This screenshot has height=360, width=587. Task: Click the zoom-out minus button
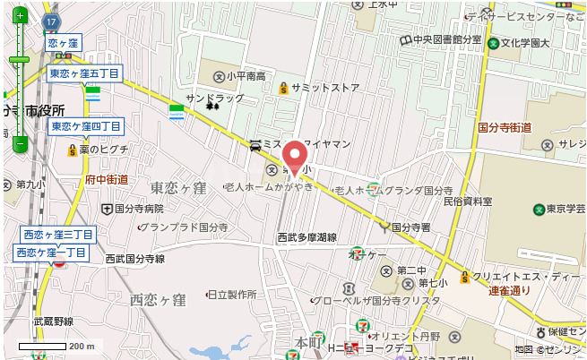point(19,142)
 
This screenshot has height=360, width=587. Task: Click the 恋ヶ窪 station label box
point(64,43)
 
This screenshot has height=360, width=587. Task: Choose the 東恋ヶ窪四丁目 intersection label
point(85,126)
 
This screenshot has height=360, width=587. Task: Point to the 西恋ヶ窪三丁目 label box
point(57,235)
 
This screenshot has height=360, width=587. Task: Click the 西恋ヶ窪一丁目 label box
point(51,253)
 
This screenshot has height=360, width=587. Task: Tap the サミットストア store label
point(319,88)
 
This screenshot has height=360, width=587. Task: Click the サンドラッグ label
point(214,98)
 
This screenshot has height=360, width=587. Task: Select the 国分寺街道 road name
point(505,128)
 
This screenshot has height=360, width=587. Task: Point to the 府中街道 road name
point(106,180)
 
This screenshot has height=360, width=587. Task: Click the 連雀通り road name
point(509,291)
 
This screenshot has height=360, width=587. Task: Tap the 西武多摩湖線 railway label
point(306,238)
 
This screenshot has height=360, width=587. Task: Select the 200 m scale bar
point(57,346)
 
